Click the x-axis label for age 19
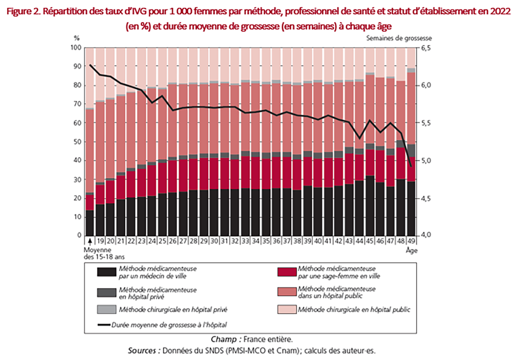point(100,241)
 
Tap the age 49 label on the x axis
point(411,241)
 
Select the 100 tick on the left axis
point(76,48)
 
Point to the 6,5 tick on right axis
point(426,48)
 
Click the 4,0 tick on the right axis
point(426,235)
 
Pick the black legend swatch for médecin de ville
point(107,272)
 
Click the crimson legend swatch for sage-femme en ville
point(286,272)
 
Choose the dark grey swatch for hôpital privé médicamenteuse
point(107,292)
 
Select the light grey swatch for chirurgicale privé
point(107,309)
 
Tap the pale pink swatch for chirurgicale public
point(286,309)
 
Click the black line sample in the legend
point(104,325)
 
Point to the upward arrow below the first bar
point(90,241)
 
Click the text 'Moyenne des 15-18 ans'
point(104,253)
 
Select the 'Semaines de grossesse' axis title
point(399,38)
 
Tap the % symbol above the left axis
point(77,38)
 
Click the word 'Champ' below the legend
point(223,339)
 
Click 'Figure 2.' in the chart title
point(23,11)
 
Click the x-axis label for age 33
point(245,241)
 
